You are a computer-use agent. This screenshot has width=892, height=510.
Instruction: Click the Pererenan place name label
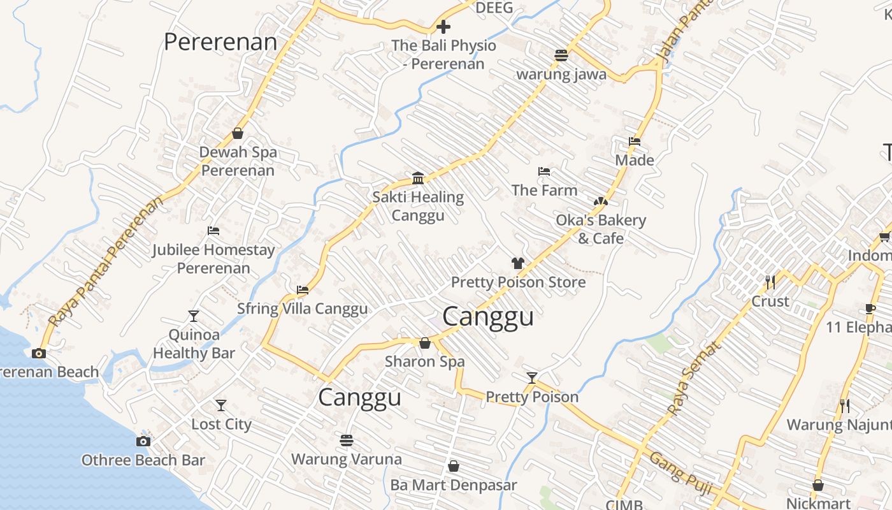[x=220, y=42]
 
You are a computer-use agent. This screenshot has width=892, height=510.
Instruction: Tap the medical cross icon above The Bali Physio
[x=443, y=27]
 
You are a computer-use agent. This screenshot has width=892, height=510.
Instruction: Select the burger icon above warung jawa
[x=561, y=55]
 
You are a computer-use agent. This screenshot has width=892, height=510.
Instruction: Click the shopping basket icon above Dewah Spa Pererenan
[x=238, y=133]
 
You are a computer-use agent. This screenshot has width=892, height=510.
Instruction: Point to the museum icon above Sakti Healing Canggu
[x=418, y=178]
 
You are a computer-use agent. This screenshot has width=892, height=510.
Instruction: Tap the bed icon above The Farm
[x=543, y=171]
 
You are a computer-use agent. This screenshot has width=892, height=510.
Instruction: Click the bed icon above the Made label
[x=634, y=142]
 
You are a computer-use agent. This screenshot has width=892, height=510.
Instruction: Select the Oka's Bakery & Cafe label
[x=601, y=229]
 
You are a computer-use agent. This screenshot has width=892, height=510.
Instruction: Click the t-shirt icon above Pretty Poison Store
[x=517, y=263]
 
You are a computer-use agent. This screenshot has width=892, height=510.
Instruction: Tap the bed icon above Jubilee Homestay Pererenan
[x=213, y=231]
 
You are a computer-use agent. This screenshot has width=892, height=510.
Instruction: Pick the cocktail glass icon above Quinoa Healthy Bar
[x=194, y=316]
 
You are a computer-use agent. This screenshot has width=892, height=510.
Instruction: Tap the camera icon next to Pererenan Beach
[x=39, y=353]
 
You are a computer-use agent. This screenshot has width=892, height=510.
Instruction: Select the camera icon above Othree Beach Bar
[x=143, y=441]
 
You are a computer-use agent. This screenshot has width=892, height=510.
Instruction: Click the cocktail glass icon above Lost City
[x=221, y=405]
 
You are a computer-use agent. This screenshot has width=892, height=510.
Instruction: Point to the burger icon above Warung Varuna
[x=347, y=440]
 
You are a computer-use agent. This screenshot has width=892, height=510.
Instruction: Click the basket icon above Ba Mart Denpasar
[x=454, y=466]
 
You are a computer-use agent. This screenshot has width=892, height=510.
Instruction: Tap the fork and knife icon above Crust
[x=770, y=281]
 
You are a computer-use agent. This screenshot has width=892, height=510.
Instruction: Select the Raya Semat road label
[x=695, y=377]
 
